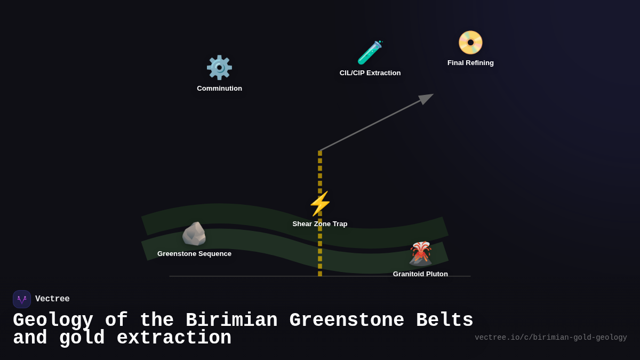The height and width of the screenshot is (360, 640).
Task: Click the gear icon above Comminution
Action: (x=219, y=68)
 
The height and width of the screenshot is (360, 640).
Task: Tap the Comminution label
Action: (x=219, y=89)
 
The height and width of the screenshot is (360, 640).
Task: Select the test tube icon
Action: (x=370, y=52)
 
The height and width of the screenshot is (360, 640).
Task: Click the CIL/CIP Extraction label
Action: (x=370, y=73)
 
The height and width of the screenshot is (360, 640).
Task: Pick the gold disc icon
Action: (x=470, y=43)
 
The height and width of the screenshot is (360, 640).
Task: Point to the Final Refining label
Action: (x=470, y=63)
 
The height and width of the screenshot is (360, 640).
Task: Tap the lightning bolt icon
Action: (x=320, y=204)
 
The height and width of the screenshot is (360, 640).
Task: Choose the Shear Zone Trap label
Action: (x=320, y=224)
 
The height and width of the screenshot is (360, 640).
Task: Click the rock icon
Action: (x=194, y=234)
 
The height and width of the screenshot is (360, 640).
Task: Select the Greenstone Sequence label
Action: (x=194, y=254)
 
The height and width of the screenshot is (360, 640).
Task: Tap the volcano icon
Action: (x=420, y=253)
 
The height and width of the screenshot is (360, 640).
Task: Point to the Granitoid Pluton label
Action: (x=420, y=274)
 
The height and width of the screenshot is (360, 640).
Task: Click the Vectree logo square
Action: (x=22, y=299)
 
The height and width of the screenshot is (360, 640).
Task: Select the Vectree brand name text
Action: (x=52, y=299)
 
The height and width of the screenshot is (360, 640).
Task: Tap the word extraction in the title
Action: (x=174, y=338)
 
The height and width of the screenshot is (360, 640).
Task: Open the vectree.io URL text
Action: (x=550, y=338)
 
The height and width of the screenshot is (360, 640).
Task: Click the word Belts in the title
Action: (x=444, y=321)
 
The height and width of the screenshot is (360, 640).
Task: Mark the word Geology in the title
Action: (x=53, y=321)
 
